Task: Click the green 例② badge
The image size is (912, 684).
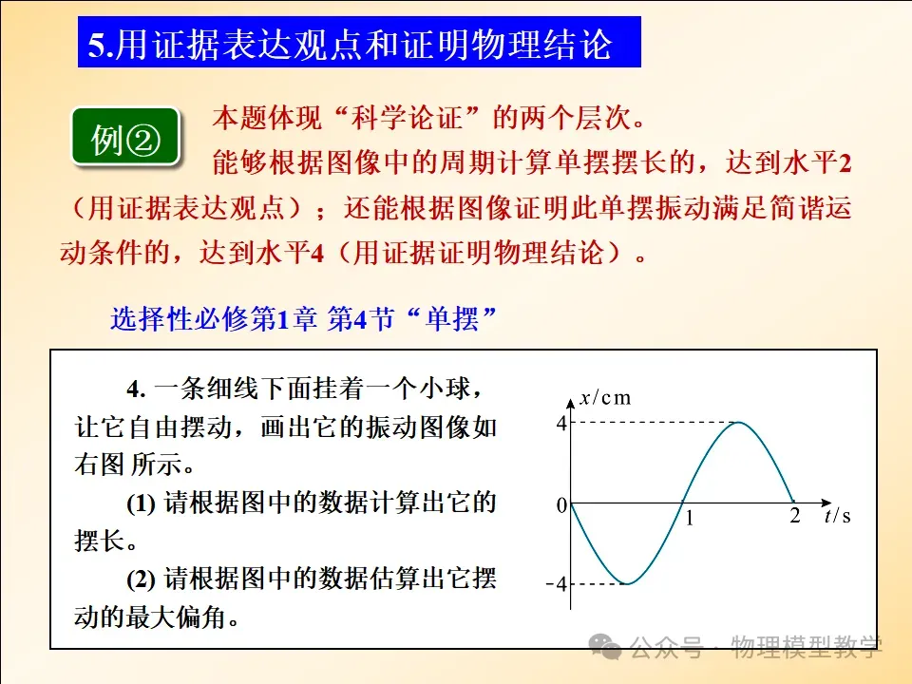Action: [124, 137]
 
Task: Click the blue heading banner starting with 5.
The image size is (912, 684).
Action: [359, 43]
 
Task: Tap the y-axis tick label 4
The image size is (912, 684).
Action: [561, 423]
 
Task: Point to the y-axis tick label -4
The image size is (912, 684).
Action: [557, 583]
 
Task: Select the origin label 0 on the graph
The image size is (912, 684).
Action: [561, 504]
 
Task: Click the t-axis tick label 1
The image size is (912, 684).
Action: [690, 518]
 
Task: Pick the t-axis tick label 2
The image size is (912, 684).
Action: [794, 515]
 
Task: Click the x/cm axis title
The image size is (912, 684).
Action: [605, 398]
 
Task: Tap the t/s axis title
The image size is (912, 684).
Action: [838, 515]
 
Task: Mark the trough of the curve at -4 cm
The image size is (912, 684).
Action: [627, 582]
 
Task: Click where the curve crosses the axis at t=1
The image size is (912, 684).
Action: [683, 503]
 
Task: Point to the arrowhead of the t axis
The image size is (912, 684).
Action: [827, 502]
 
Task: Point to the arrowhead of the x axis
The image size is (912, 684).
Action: [571, 403]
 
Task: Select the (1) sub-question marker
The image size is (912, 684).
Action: [141, 503]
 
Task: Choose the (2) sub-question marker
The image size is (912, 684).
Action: [141, 579]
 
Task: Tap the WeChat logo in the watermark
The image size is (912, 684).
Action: [605, 647]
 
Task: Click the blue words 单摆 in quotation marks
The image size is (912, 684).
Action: [452, 319]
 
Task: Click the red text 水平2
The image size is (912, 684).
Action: [817, 162]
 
